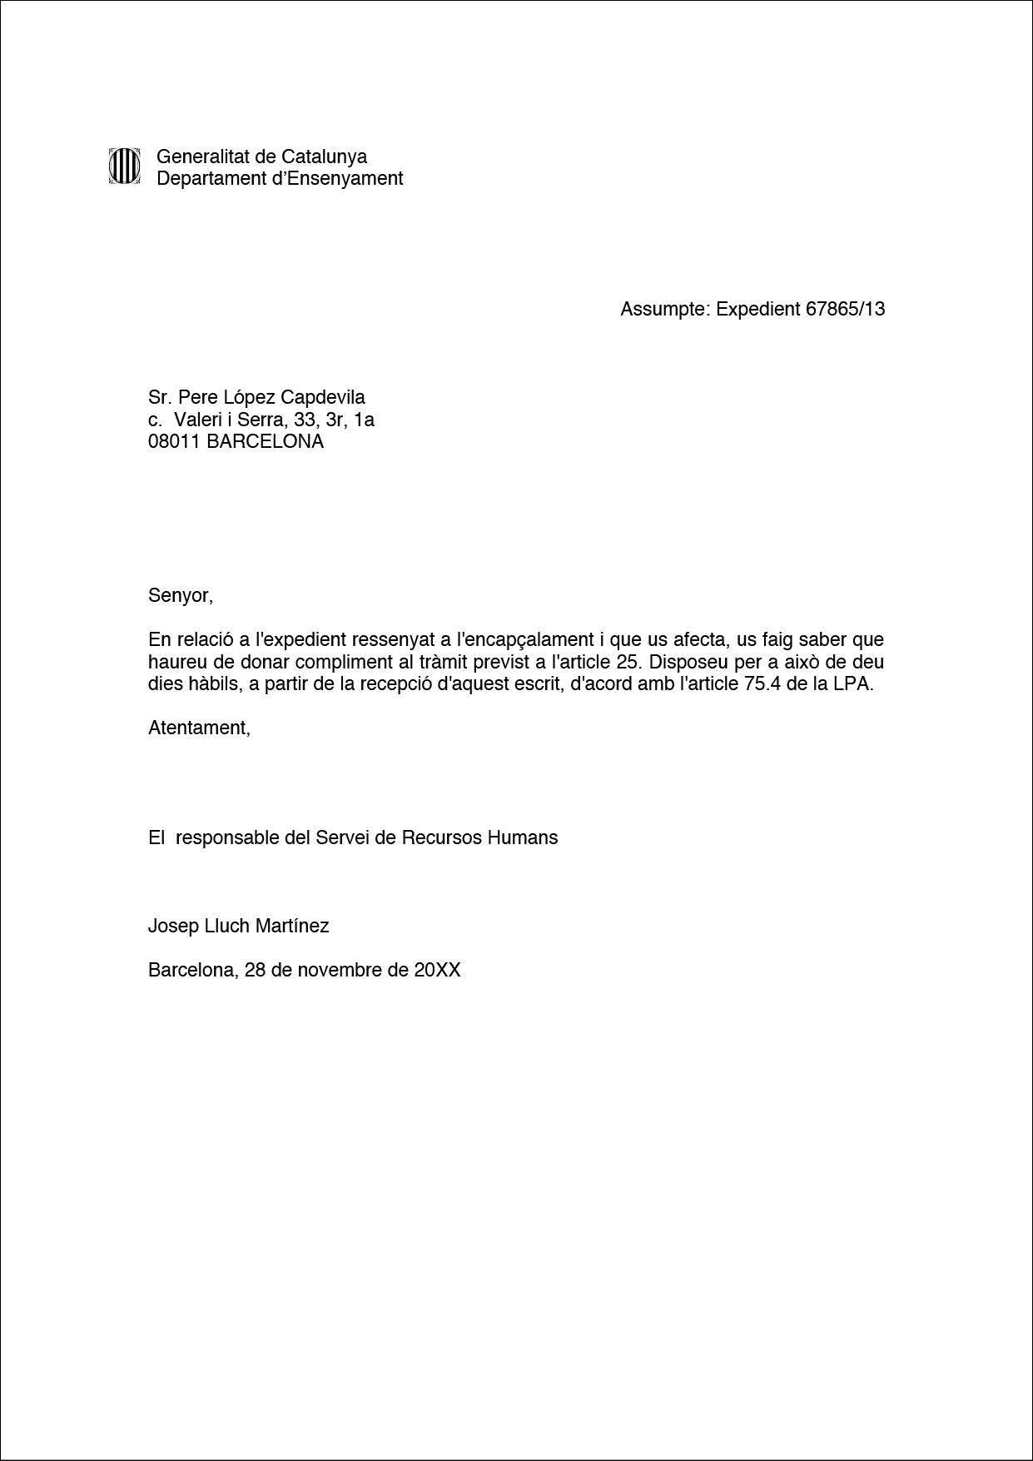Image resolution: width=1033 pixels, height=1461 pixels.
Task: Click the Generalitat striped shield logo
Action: point(124,166)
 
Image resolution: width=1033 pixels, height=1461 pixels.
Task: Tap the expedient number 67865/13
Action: point(845,310)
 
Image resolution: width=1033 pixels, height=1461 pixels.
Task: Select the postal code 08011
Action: point(174,442)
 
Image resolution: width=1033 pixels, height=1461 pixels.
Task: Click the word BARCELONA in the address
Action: point(265,442)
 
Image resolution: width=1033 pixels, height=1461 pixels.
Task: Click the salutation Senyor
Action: point(179,596)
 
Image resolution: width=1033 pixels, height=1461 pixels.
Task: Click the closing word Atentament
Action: point(198,728)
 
